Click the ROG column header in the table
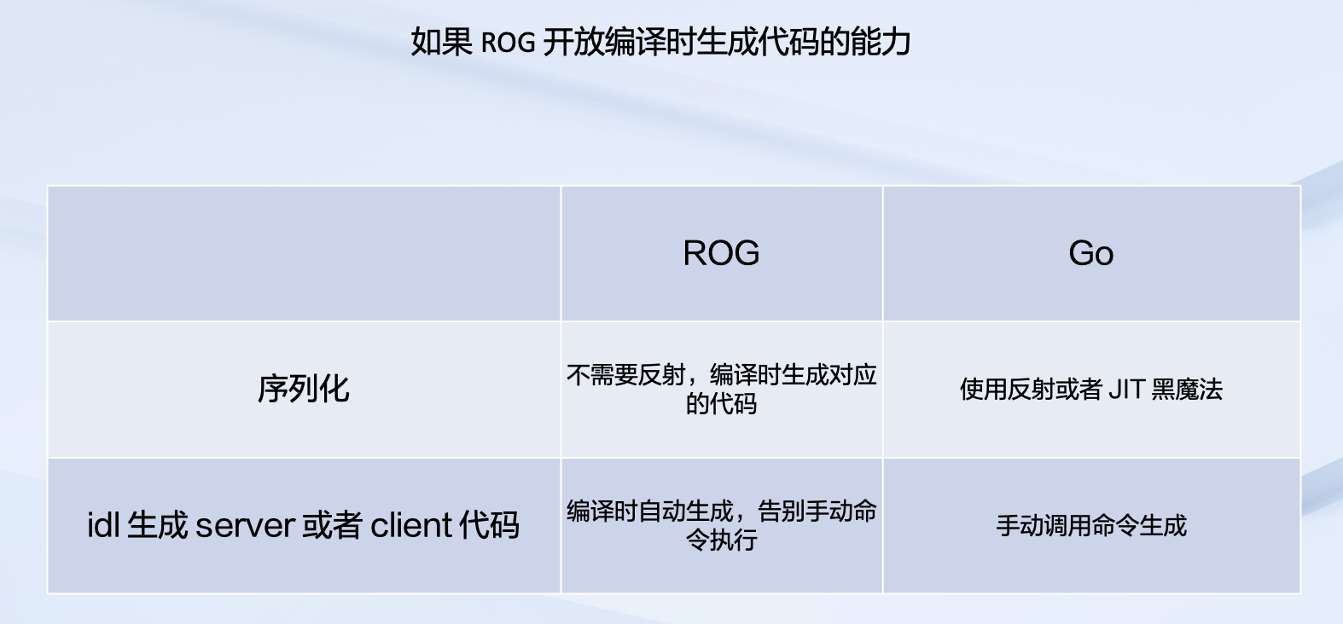pos(721,252)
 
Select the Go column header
pos(1091,252)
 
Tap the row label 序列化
pos(304,390)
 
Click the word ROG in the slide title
pos(508,43)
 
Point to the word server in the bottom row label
pos(245,525)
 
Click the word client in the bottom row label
pos(411,525)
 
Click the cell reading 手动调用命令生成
pos(1091,526)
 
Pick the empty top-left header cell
pos(304,253)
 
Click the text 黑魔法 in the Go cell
pos(1187,390)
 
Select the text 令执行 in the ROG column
pos(721,540)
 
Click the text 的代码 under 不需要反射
pos(721,403)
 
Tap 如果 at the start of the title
pos(442,43)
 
